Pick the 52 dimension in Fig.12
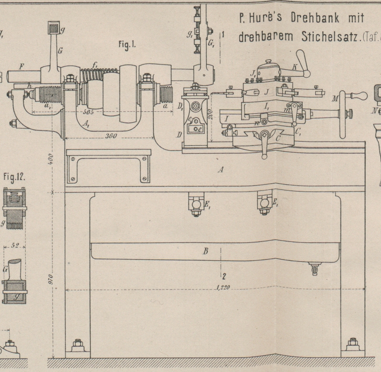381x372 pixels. click(15, 245)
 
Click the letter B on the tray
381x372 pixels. click(206, 251)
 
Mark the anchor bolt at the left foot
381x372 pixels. click(77, 347)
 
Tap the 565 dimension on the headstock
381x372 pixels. click(82, 111)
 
